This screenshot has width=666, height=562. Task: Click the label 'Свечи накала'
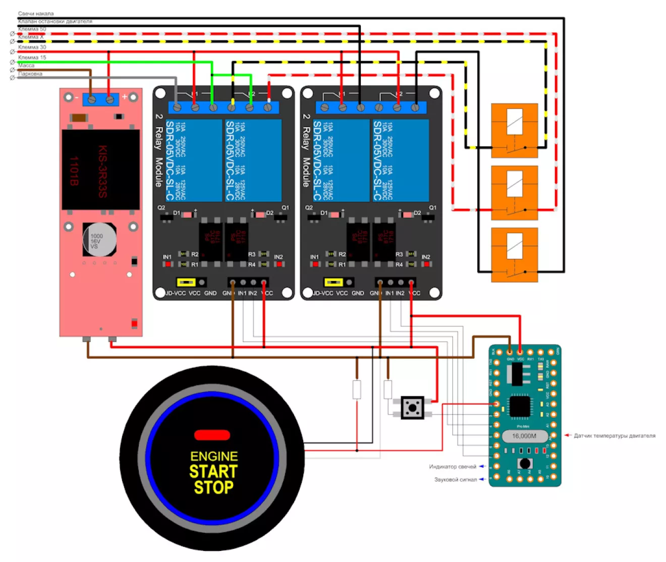pos(35,14)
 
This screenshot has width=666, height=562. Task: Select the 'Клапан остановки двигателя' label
pos(55,21)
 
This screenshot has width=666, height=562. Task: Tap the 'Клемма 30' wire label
pos(32,47)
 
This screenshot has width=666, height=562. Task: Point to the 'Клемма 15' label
pos(32,57)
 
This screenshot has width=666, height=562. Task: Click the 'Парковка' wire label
pos(30,74)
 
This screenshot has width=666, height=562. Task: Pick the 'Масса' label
pos(26,65)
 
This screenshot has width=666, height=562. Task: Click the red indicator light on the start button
pos(212,435)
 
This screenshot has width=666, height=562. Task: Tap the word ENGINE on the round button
pos(214,456)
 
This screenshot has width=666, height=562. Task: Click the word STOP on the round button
pos(214,487)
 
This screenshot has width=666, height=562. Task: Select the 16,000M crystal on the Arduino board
pos(524,436)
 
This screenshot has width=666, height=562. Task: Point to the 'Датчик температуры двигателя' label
pos(615,435)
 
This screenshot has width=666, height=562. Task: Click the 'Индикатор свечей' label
pos(453,467)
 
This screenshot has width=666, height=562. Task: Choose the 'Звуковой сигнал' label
pos(456,479)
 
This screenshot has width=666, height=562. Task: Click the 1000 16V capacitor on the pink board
pos(99,239)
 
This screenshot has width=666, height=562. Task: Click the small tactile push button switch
pos(412,407)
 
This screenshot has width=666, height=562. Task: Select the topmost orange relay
pos(515,130)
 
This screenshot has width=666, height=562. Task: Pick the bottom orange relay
pos(515,255)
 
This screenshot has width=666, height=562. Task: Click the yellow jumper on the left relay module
pos(186,282)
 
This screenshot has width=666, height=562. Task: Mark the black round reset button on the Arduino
pos(525,463)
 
